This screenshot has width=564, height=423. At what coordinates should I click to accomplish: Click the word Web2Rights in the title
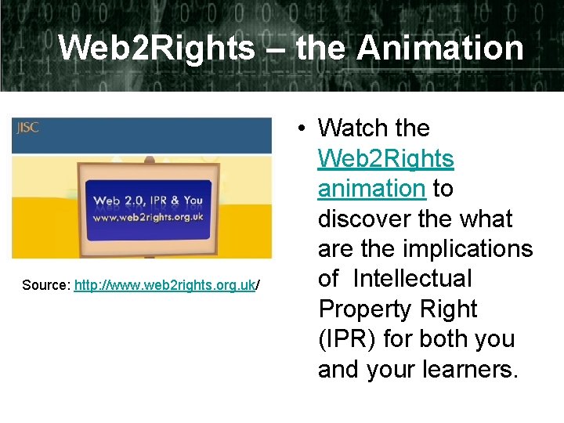tap(157, 48)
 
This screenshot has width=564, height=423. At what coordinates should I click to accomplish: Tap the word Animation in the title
tap(440, 48)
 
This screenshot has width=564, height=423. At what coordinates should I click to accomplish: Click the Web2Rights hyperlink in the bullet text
tap(385, 158)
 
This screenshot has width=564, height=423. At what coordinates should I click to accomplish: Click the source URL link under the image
tap(164, 286)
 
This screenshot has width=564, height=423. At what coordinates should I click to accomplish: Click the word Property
tap(368, 309)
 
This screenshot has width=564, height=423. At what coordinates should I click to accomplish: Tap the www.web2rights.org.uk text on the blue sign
tap(148, 216)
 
